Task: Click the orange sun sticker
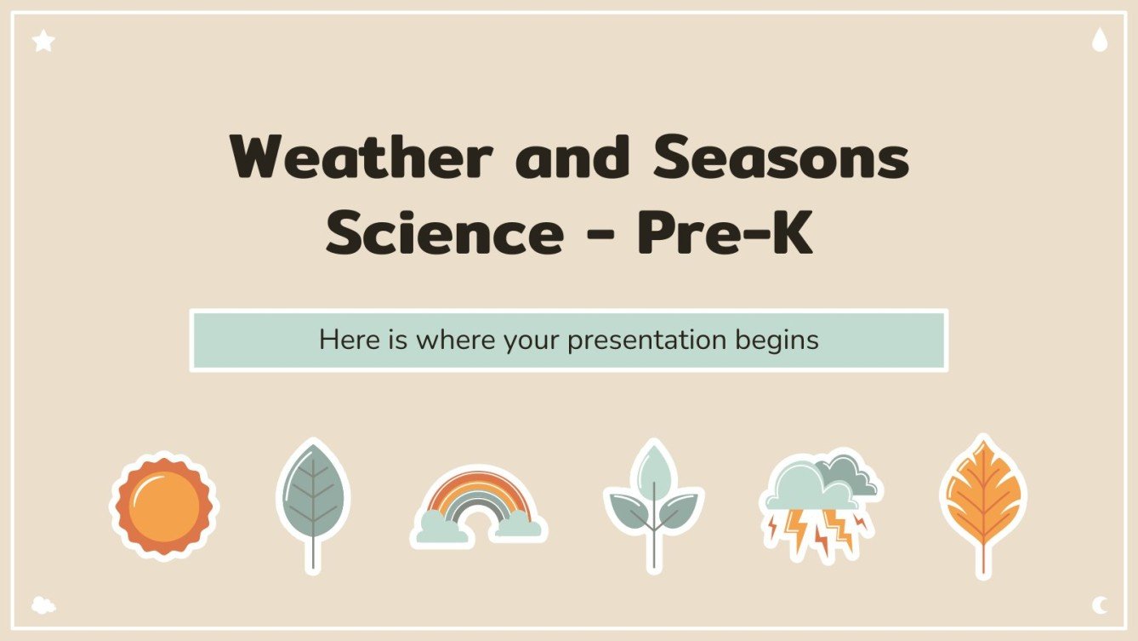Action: (x=164, y=506)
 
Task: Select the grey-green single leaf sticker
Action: (x=313, y=494)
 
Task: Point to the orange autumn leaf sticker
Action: (x=983, y=494)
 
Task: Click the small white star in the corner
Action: (x=43, y=40)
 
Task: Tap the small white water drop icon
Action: (x=1100, y=40)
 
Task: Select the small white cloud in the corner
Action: (x=43, y=605)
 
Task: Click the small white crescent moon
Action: (x=1100, y=605)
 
